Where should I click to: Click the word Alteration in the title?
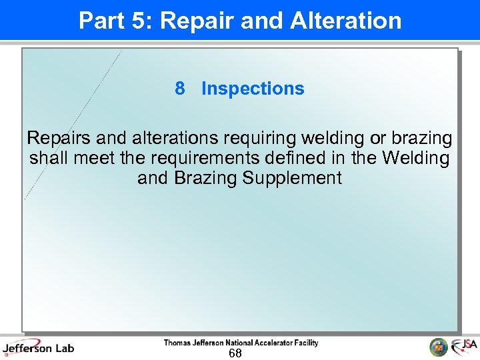[346, 21]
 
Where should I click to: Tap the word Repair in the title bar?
[193, 21]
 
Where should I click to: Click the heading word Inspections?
[253, 89]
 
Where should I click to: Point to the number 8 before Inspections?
[179, 89]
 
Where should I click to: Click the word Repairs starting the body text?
[59, 139]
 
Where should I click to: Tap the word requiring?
[259, 139]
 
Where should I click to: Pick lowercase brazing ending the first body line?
[421, 139]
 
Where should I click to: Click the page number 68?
[235, 353]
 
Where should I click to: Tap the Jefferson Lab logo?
[39, 348]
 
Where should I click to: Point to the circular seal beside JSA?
[438, 347]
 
